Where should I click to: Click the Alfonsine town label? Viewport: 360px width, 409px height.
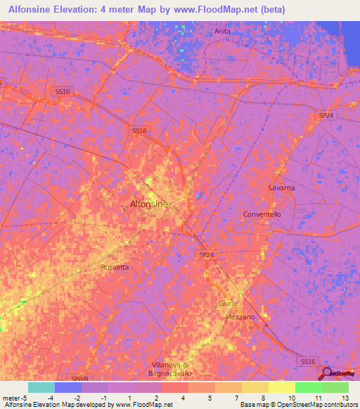[x=149, y=204]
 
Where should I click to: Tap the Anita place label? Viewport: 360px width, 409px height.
[x=222, y=32]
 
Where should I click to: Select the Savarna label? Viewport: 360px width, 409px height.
[x=281, y=188]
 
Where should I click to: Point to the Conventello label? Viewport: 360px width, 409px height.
[x=262, y=214]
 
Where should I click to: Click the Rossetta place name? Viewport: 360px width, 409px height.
[x=115, y=267]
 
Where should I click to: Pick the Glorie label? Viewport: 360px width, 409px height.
[x=228, y=304]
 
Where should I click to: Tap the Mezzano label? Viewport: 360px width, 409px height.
[x=240, y=317]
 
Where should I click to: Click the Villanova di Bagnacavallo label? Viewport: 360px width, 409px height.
[x=172, y=368]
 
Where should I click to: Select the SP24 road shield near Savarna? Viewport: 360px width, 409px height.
[x=326, y=115]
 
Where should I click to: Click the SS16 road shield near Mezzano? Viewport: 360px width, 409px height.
[x=308, y=361]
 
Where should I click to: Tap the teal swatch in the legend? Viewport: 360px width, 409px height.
[x=41, y=387]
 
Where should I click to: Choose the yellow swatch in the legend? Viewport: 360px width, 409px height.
[x=281, y=387]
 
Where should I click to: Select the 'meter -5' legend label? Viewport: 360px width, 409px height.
[x=14, y=397]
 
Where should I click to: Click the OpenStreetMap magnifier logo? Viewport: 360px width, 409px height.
[x=328, y=374]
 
